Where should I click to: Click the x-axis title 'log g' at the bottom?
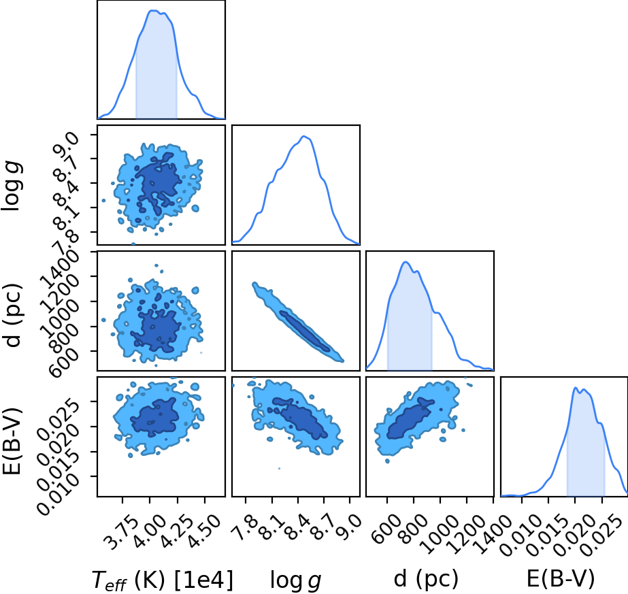tap(296, 580)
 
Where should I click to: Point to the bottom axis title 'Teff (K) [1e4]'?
tap(162, 580)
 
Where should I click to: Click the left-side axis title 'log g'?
tap(12, 185)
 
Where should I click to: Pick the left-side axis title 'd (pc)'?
tap(12, 316)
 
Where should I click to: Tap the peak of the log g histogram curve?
tap(304, 137)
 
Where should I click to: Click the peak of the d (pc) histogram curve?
tap(406, 262)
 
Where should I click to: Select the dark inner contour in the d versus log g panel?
tap(305, 331)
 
